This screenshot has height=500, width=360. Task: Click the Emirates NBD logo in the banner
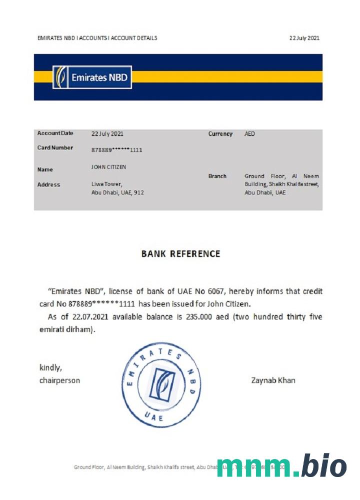click(x=92, y=77)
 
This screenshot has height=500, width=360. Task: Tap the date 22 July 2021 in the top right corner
click(x=304, y=38)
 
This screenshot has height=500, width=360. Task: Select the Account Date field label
click(x=55, y=133)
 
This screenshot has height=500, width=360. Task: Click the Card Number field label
click(x=55, y=148)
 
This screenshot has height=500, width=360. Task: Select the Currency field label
click(x=220, y=134)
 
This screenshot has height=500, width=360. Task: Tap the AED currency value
click(x=249, y=134)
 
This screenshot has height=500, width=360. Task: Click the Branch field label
click(x=217, y=176)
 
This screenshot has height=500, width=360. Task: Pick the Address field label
click(x=48, y=184)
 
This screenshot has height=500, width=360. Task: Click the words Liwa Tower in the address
click(x=106, y=184)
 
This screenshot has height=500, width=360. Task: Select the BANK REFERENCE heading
click(x=180, y=253)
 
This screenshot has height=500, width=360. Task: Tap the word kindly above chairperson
click(x=50, y=368)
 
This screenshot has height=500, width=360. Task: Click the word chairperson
click(x=59, y=380)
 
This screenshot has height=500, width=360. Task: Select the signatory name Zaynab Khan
click(x=273, y=380)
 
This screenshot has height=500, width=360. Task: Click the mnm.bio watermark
click(x=281, y=466)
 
